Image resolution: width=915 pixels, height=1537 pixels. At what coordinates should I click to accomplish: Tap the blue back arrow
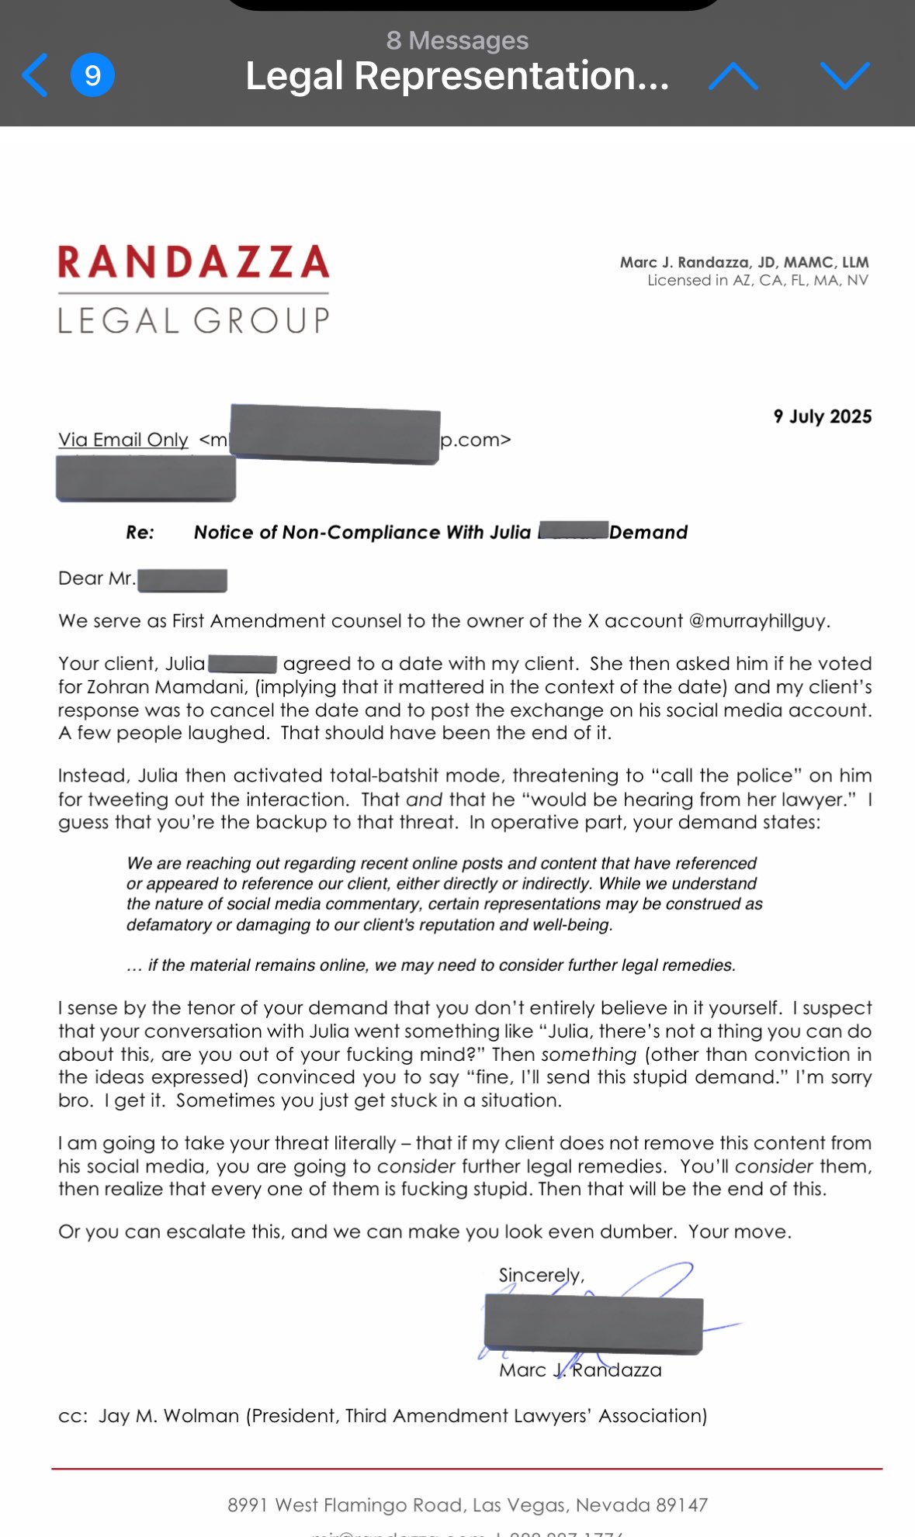click(35, 75)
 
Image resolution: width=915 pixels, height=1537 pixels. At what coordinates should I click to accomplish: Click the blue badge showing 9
click(92, 75)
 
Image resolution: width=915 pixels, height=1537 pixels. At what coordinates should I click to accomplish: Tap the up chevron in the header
click(733, 76)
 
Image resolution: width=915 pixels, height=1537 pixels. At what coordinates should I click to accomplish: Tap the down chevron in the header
click(844, 76)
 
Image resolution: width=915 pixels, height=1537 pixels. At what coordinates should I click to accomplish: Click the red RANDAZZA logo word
click(193, 262)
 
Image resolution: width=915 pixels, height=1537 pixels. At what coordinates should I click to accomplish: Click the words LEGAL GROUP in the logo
click(193, 320)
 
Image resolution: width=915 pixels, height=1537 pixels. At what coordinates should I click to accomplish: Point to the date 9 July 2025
click(822, 416)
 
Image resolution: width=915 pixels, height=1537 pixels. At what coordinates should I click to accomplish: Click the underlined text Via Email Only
click(123, 440)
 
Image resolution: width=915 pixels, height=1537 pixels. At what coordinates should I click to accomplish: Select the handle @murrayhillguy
click(758, 621)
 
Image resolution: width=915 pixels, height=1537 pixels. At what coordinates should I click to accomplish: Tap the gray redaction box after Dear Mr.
click(182, 580)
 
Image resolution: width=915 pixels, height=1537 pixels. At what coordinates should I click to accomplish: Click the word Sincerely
click(541, 1275)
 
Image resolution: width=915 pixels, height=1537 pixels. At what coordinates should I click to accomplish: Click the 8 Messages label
click(457, 40)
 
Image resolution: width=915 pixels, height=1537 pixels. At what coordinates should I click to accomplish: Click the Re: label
click(140, 532)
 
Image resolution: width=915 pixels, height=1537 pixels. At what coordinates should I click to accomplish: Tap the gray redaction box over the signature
click(594, 1324)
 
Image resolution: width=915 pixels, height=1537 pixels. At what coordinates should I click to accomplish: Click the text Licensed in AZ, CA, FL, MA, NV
click(757, 280)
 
